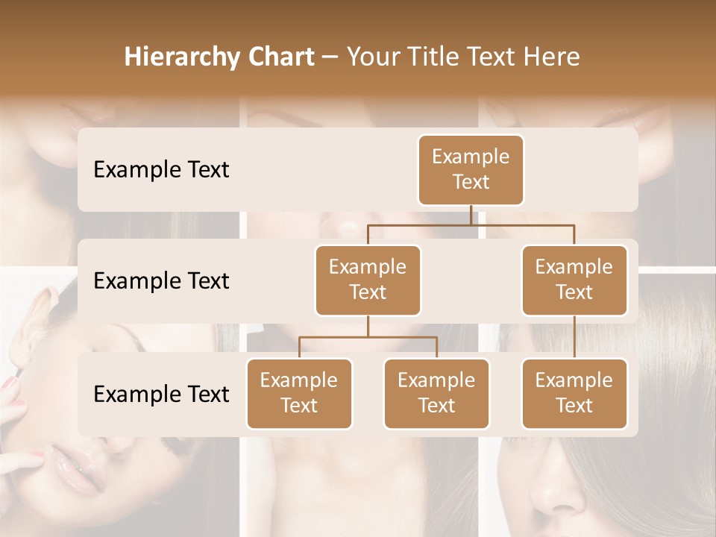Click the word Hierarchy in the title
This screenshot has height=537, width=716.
tap(181, 57)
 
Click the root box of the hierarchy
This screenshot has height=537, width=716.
tap(471, 169)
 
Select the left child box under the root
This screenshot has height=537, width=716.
tap(368, 280)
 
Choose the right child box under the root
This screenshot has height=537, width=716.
tap(574, 280)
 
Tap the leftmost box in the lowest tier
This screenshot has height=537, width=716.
tap(299, 393)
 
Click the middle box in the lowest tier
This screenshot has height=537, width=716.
tap(436, 393)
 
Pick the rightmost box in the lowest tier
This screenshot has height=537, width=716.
tap(574, 393)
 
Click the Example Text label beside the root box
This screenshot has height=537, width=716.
tap(161, 169)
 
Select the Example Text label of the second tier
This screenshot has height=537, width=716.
tap(161, 280)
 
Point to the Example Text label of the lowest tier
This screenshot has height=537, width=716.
tap(161, 394)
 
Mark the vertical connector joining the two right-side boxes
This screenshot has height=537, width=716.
tap(574, 336)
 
